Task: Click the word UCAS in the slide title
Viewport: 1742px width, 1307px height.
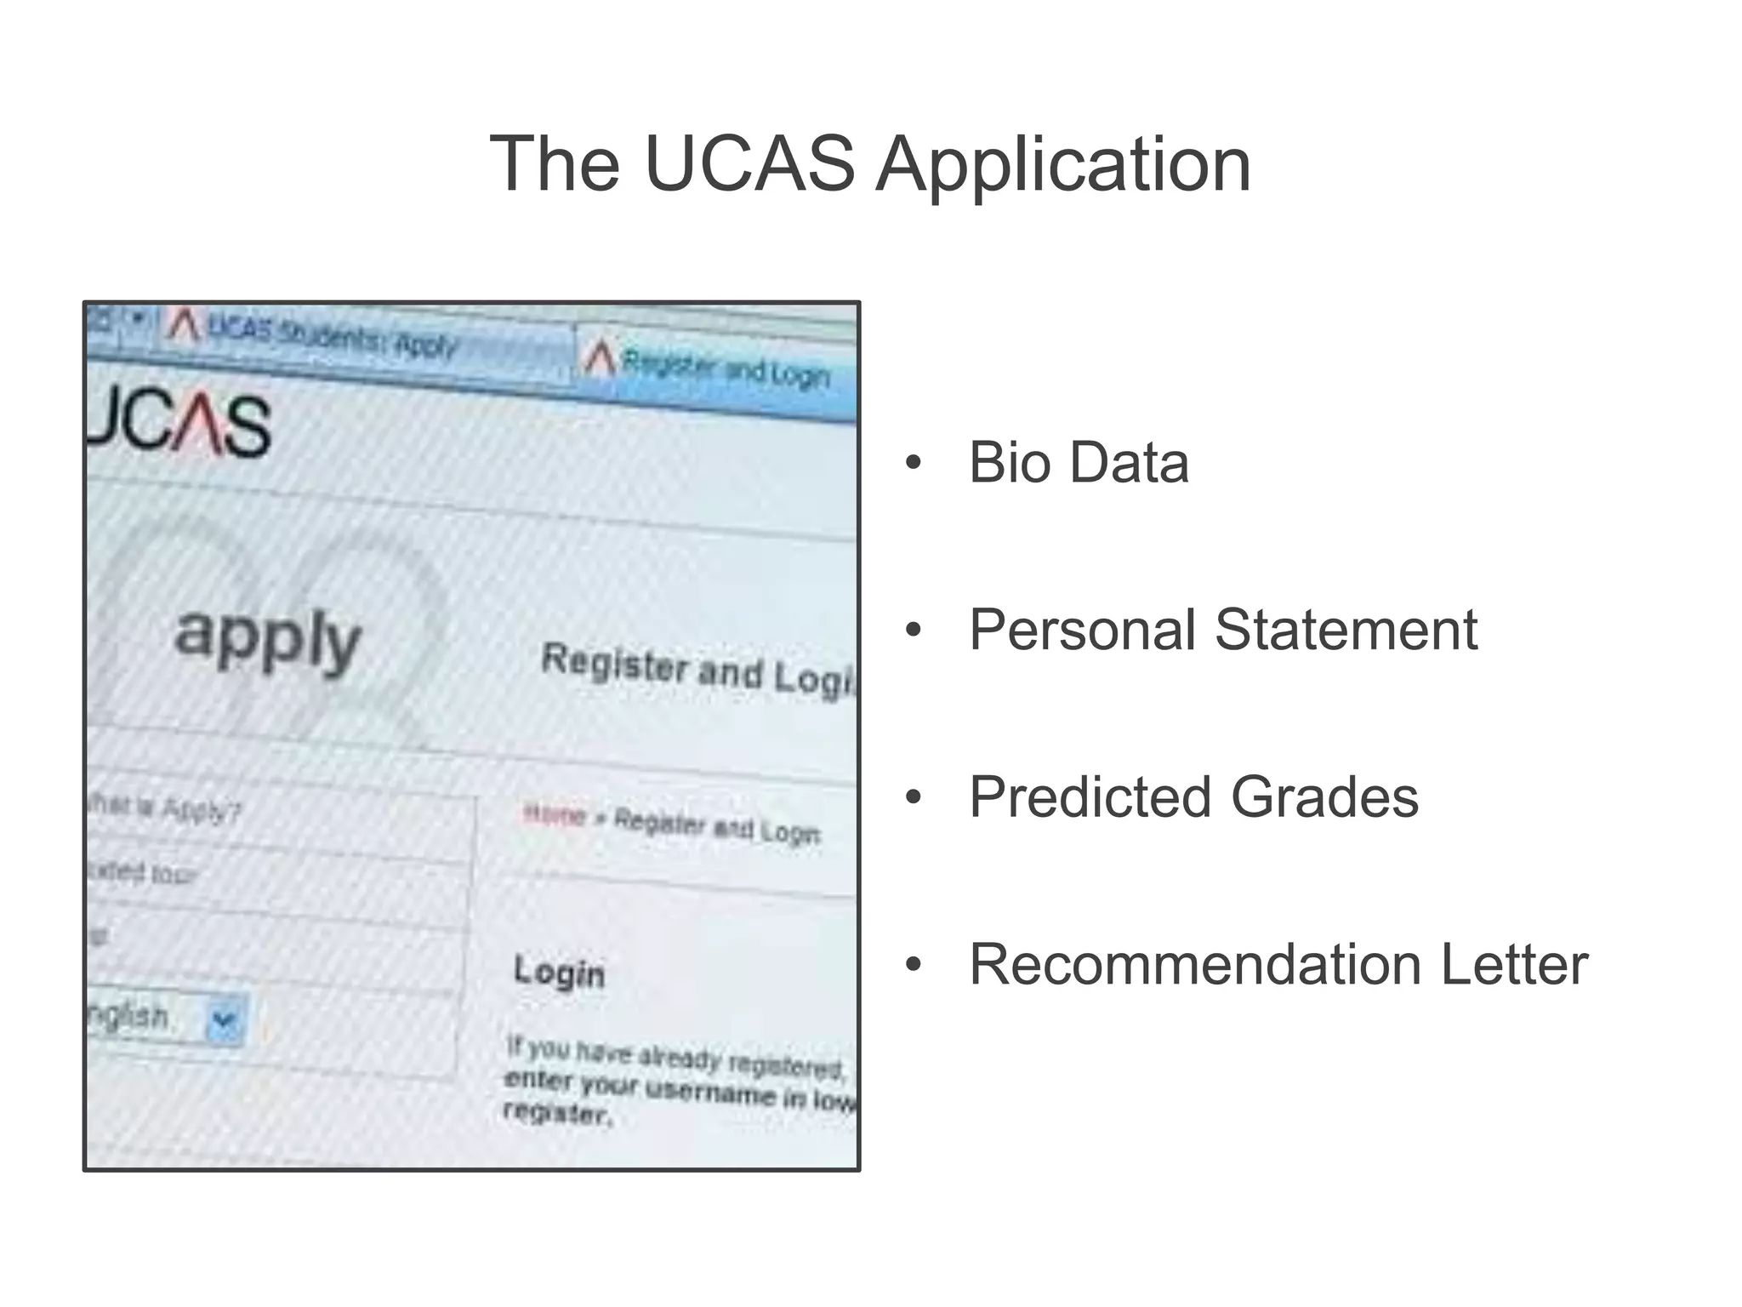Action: pyautogui.click(x=749, y=163)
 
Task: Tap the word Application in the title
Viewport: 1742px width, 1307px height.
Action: pyautogui.click(x=1063, y=165)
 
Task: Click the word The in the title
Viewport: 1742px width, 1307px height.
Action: pyautogui.click(x=555, y=163)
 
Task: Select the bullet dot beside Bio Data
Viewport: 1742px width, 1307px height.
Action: pyautogui.click(x=914, y=463)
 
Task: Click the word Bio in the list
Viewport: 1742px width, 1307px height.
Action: pyautogui.click(x=1010, y=463)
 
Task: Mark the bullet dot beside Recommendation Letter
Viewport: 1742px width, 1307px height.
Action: pyautogui.click(x=914, y=965)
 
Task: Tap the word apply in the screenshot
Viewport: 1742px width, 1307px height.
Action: pyautogui.click(x=267, y=640)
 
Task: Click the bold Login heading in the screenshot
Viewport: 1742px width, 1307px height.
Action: pyautogui.click(x=559, y=972)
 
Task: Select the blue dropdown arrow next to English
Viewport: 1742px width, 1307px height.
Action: pyautogui.click(x=225, y=1019)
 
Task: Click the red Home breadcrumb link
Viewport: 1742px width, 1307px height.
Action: pyautogui.click(x=555, y=815)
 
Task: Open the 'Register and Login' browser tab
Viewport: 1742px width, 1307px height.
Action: pyautogui.click(x=714, y=368)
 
